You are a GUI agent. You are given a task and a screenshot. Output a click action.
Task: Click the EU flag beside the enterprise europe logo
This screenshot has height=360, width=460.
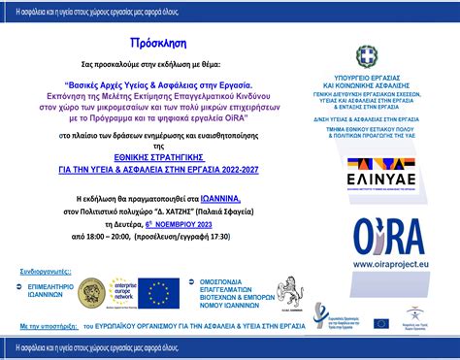pos(159,292)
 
